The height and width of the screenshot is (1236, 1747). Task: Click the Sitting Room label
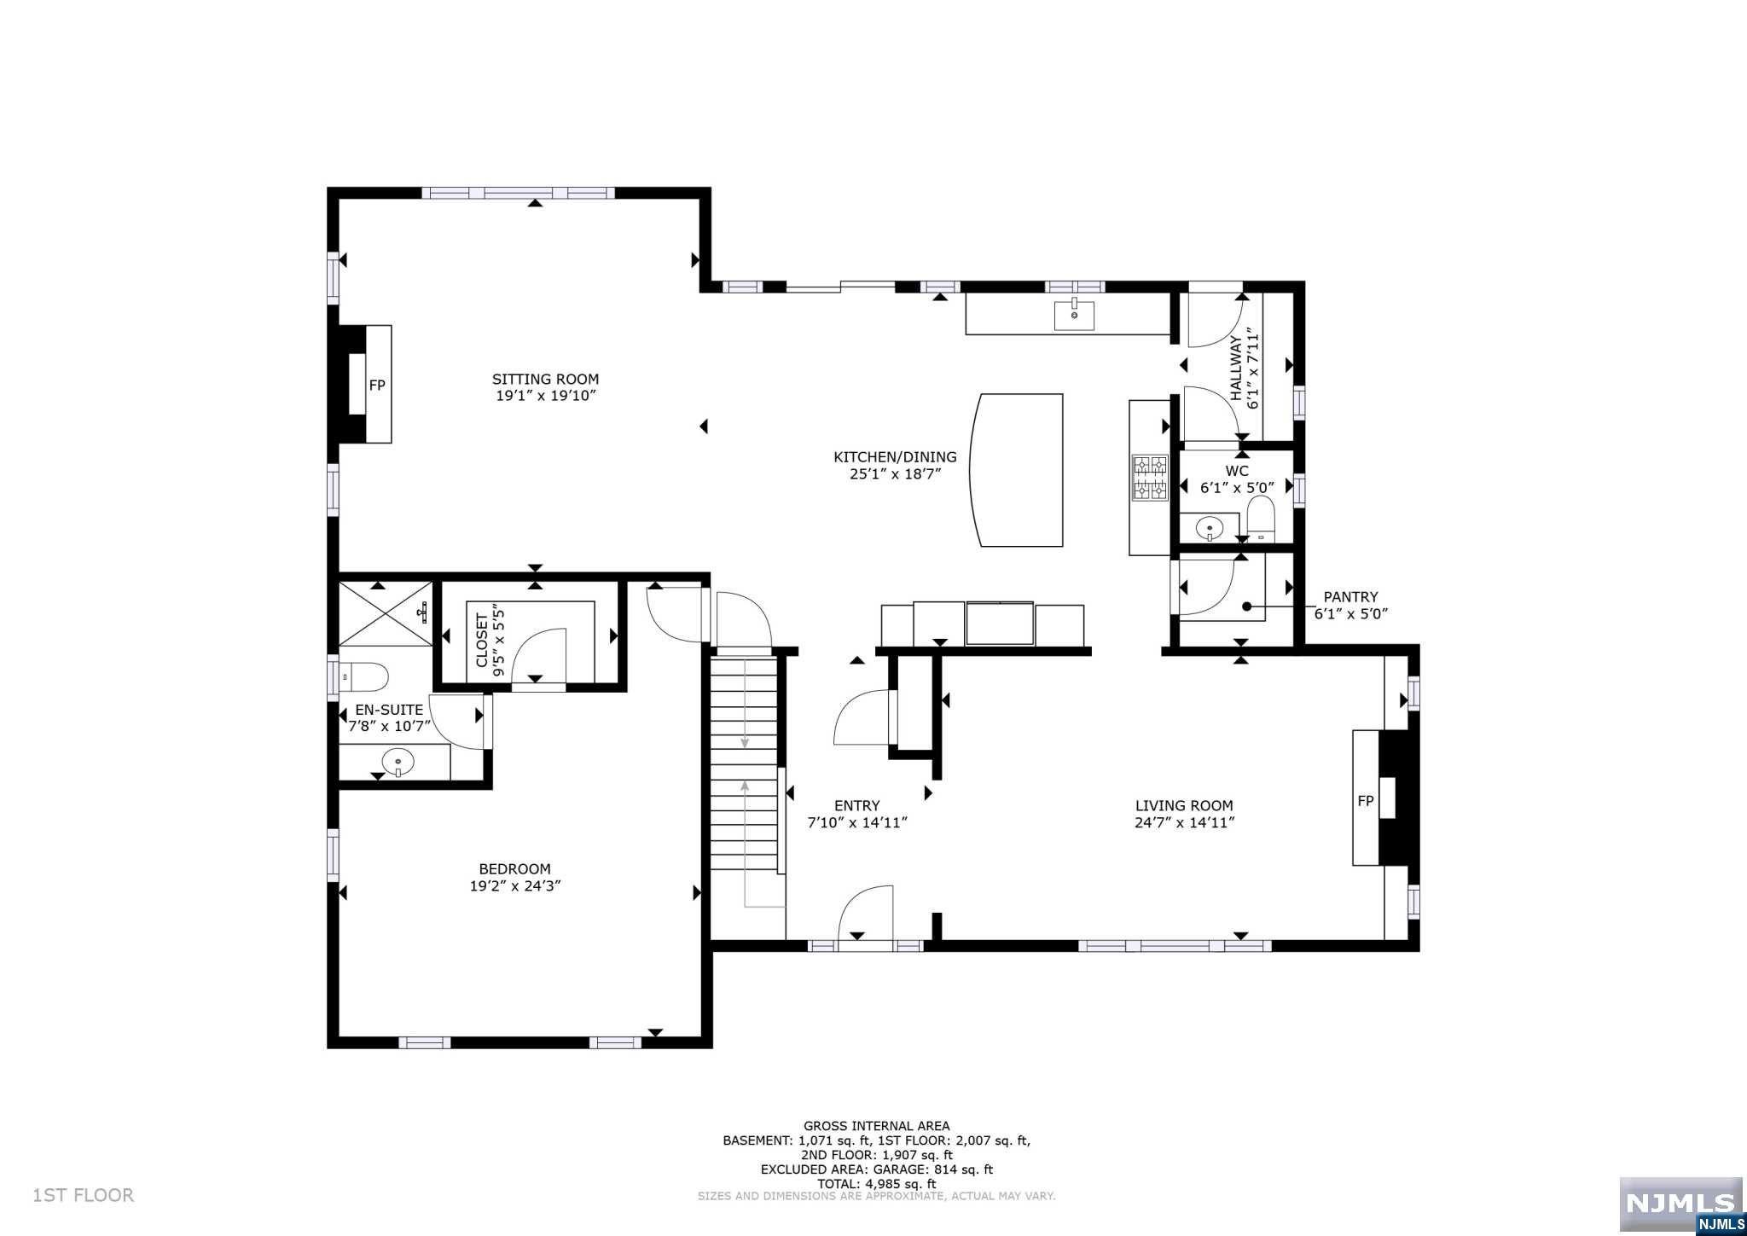(545, 380)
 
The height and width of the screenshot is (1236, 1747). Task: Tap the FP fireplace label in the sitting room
(377, 386)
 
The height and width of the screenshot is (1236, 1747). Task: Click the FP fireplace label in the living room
(1365, 800)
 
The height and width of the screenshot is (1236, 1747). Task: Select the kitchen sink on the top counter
(1074, 315)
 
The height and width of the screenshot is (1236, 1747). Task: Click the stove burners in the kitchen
(1149, 477)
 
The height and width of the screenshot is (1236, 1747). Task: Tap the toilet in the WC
(1260, 519)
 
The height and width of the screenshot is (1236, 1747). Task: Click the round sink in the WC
(1210, 529)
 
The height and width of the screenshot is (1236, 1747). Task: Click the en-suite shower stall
(386, 613)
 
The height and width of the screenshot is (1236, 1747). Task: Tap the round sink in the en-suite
(398, 760)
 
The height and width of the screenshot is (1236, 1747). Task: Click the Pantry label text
(1350, 597)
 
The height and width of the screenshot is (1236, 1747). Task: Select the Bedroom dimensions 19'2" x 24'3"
(514, 886)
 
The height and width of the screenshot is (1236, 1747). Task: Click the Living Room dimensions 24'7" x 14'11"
(1184, 823)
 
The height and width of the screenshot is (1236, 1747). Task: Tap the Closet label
(482, 640)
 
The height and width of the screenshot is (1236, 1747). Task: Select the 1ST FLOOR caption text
(83, 1195)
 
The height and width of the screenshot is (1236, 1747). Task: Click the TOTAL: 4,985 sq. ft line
(876, 1184)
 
